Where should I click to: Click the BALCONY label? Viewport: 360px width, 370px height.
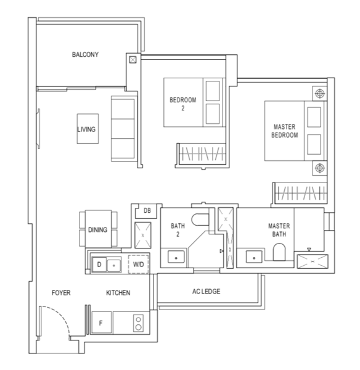point(85,54)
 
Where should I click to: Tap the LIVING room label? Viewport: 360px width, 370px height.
point(86,129)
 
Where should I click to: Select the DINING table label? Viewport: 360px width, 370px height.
point(97,230)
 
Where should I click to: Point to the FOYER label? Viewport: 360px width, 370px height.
point(61,293)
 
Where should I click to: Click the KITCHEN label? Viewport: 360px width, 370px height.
point(118,293)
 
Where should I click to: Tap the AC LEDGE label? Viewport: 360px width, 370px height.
point(206,292)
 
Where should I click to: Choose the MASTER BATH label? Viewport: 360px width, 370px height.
point(279,230)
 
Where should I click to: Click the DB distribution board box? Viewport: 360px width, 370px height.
point(147,210)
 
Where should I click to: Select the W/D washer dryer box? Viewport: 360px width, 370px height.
point(139,264)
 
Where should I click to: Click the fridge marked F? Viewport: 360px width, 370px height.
point(102,323)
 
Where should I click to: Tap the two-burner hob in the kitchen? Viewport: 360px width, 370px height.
point(139,323)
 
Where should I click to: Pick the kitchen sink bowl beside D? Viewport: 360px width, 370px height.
point(114,265)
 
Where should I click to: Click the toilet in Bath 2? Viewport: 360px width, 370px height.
point(200,220)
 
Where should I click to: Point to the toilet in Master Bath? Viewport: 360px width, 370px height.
point(279,252)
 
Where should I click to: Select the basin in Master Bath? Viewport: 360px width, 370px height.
point(254,257)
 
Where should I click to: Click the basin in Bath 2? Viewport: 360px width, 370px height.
point(176,257)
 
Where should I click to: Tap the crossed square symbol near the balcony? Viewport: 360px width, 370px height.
point(133,60)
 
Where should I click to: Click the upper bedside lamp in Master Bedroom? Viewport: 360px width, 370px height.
point(320,94)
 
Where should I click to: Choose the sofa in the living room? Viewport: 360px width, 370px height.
point(123,129)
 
